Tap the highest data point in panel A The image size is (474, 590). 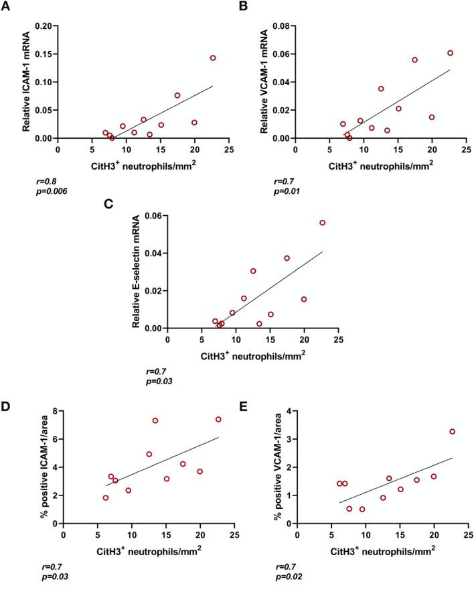click(x=213, y=58)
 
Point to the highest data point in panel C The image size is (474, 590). click(x=322, y=223)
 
